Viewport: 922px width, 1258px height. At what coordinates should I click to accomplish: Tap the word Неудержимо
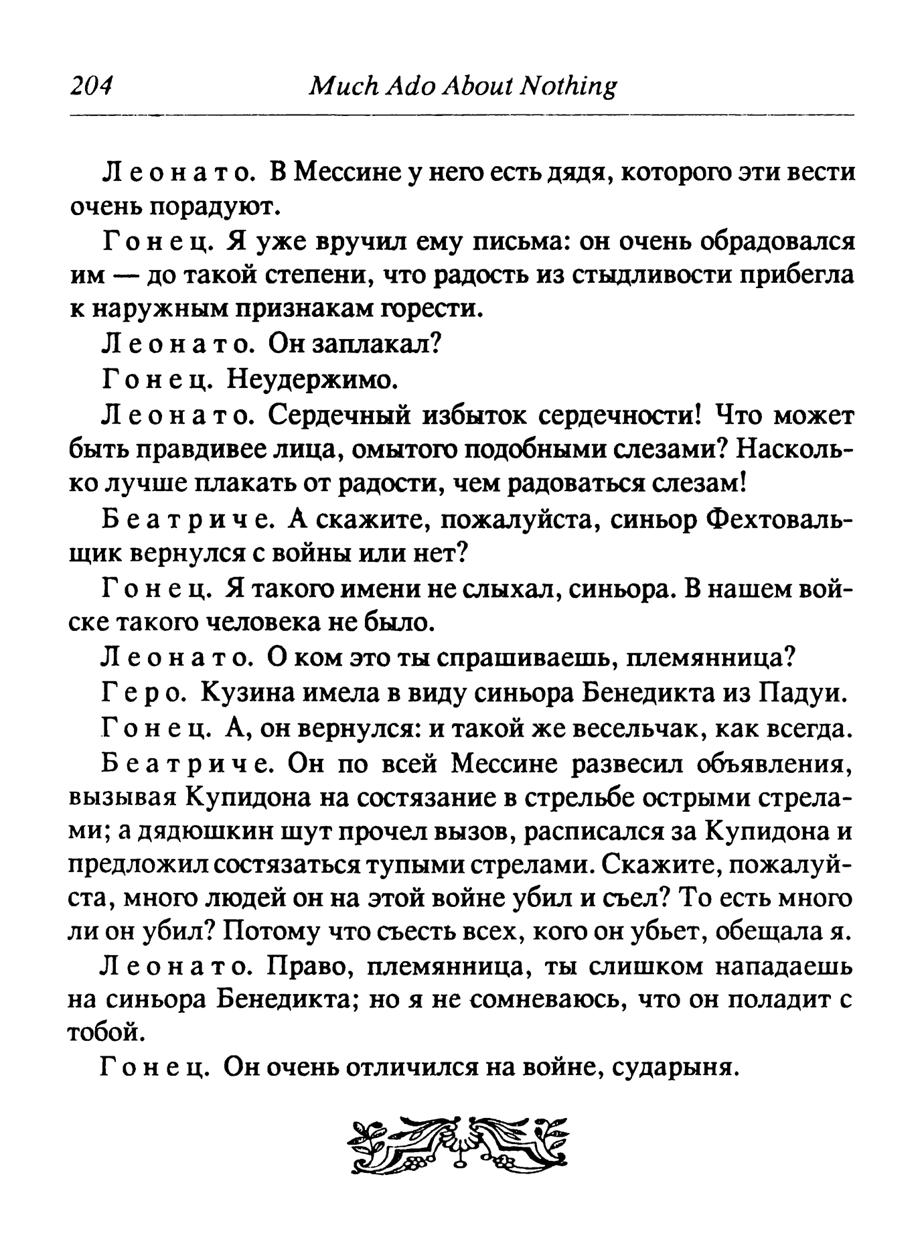coord(313,380)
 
